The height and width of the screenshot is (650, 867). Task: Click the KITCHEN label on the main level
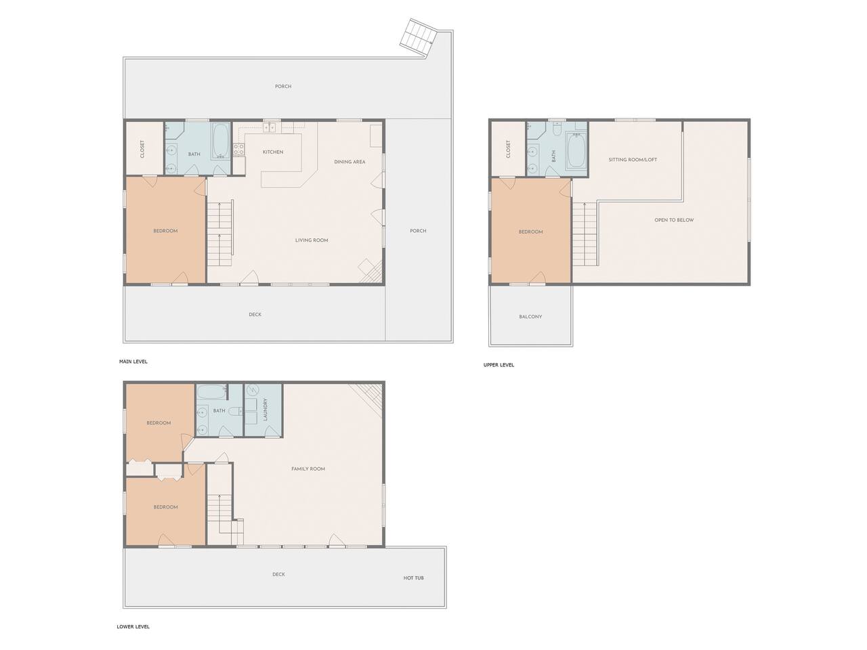pyautogui.click(x=272, y=152)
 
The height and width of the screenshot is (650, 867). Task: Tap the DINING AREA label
pyautogui.click(x=349, y=162)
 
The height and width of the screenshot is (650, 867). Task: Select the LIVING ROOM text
pyautogui.click(x=312, y=240)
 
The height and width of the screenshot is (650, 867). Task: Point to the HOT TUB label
pyautogui.click(x=413, y=578)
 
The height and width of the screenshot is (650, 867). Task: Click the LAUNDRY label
pyautogui.click(x=265, y=409)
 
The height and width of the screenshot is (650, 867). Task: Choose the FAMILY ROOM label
pyautogui.click(x=308, y=469)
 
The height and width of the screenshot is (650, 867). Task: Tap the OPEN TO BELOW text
pyautogui.click(x=674, y=220)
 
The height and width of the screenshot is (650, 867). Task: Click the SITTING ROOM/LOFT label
pyautogui.click(x=633, y=160)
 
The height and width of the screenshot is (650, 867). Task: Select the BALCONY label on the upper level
pyautogui.click(x=530, y=316)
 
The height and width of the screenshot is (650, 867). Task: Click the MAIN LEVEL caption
pyautogui.click(x=133, y=361)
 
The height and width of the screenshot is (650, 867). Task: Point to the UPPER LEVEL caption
pyautogui.click(x=499, y=365)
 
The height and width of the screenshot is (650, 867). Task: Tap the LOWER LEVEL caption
pyautogui.click(x=133, y=626)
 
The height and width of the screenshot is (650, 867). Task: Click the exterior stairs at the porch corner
pyautogui.click(x=419, y=38)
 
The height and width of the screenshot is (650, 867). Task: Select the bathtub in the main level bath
pyautogui.click(x=220, y=140)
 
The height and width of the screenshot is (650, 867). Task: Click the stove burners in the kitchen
pyautogui.click(x=238, y=149)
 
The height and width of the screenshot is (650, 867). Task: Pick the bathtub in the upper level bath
pyautogui.click(x=576, y=151)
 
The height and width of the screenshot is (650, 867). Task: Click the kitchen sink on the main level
pyautogui.click(x=270, y=127)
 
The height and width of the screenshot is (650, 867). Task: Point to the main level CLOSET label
pyautogui.click(x=142, y=149)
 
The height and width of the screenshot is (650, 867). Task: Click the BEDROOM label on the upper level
pyautogui.click(x=530, y=232)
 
